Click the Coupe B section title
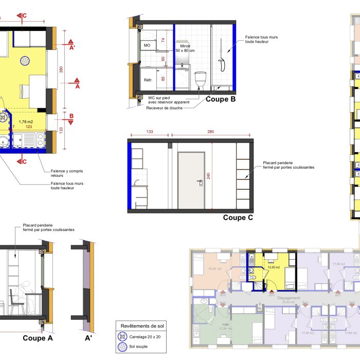click(x=221, y=99)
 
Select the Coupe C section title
click(x=238, y=218)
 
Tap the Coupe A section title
click(x=38, y=338)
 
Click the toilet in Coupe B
click(x=201, y=80)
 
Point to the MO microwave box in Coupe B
click(x=147, y=45)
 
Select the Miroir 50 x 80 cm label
click(x=185, y=48)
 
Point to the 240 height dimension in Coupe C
click(x=208, y=176)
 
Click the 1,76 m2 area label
click(x=26, y=122)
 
